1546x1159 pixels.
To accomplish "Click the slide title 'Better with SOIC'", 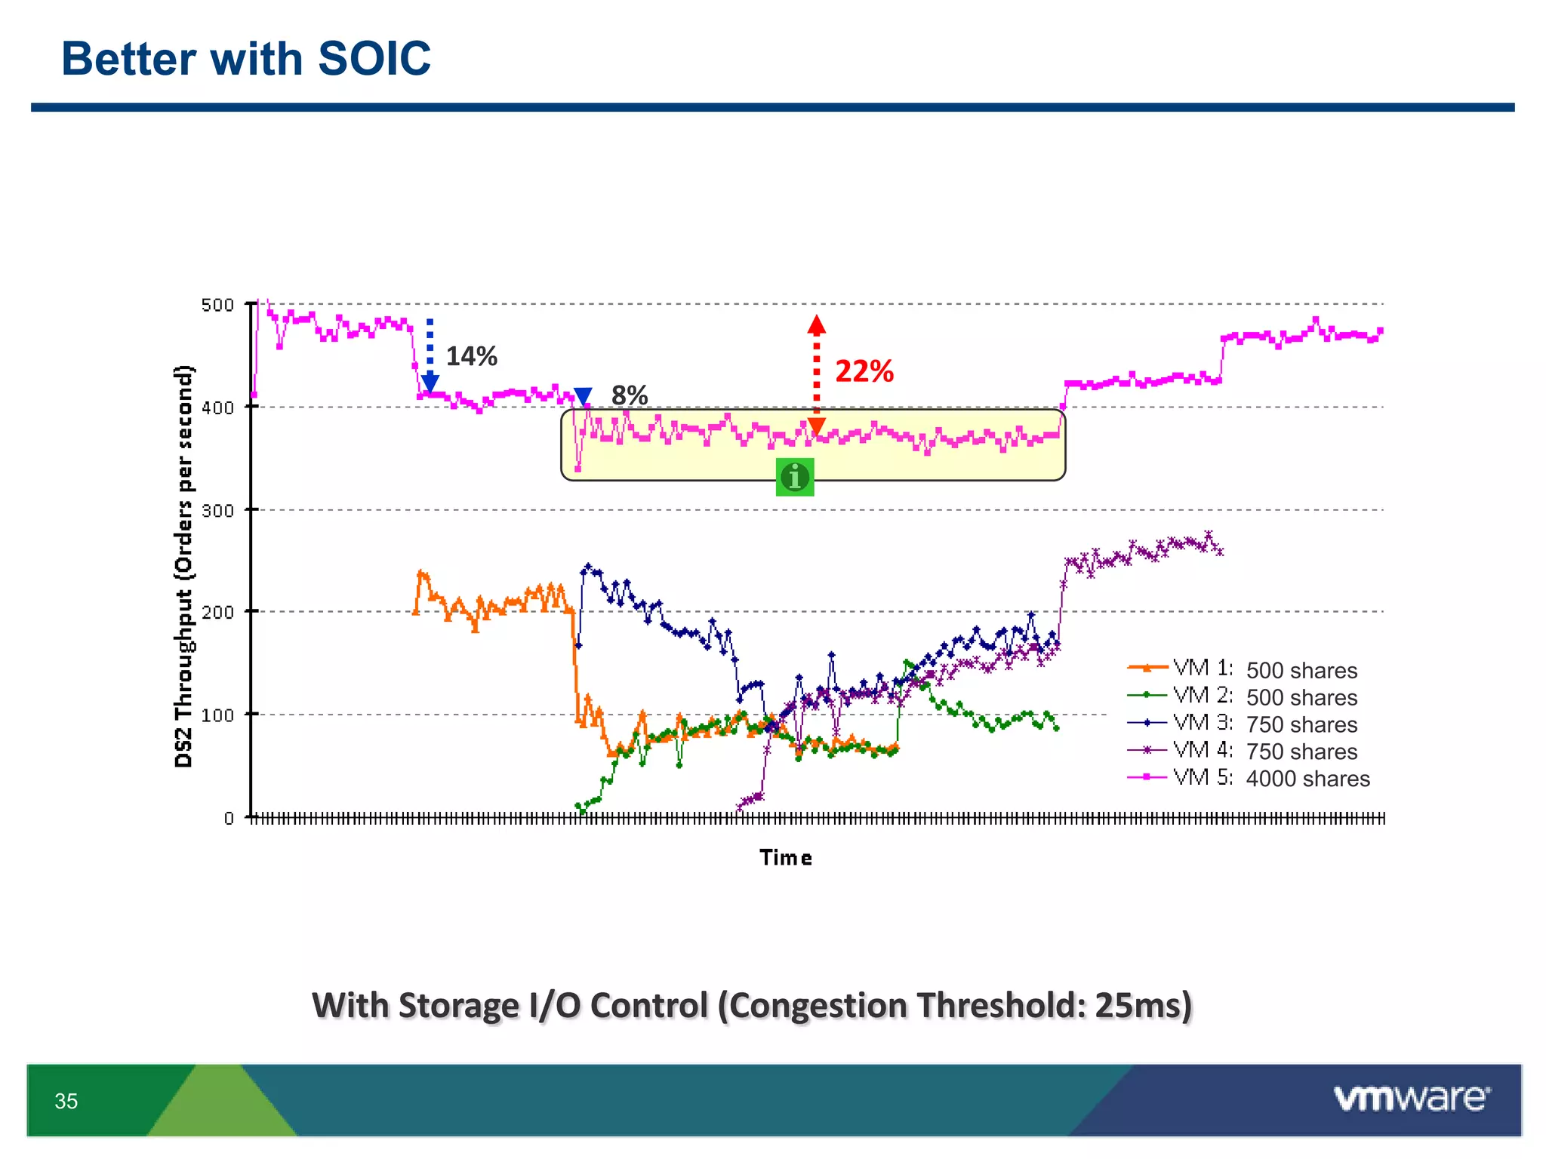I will [x=245, y=59].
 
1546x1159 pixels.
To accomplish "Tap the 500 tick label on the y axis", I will [x=217, y=305].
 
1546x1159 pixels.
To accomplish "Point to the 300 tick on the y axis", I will [x=217, y=511].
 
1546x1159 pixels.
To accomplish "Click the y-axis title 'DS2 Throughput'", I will [x=183, y=566].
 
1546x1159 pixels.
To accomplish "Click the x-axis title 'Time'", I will [x=786, y=858].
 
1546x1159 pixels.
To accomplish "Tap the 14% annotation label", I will [x=471, y=356].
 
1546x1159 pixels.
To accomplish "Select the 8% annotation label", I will [x=630, y=395].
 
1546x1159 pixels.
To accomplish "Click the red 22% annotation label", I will [x=864, y=371].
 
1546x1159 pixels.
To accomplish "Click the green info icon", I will [x=794, y=477].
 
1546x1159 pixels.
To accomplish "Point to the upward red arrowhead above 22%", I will [x=816, y=325].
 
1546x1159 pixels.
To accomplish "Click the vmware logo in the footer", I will [x=1412, y=1099].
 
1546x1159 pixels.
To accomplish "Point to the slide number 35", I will [x=66, y=1102].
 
